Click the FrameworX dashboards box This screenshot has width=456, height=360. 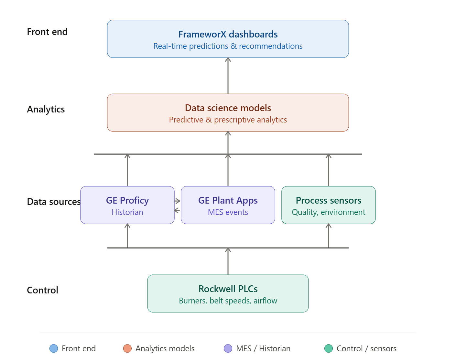point(228,39)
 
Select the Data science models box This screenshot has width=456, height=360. point(228,112)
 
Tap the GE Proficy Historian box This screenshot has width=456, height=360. point(127,205)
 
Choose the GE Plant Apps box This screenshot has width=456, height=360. point(228,205)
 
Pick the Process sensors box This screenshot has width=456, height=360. point(328,205)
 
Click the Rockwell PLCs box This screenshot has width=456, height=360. point(228,293)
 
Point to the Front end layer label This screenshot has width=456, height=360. point(47,32)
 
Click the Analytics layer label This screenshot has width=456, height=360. point(46,109)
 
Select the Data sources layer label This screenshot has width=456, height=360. point(53,202)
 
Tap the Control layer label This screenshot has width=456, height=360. point(43,290)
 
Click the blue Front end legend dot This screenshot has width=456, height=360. point(54,348)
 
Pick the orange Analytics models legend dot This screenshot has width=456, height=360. point(127,348)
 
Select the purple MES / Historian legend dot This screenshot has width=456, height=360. point(228,348)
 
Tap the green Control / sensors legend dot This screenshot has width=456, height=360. point(329,348)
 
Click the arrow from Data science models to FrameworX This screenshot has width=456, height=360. point(228,76)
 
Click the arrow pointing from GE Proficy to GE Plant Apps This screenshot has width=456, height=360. point(178,201)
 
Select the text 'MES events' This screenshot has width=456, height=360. point(228,212)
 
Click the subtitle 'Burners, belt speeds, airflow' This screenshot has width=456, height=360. point(228,301)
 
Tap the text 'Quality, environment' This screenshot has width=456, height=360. point(328,212)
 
